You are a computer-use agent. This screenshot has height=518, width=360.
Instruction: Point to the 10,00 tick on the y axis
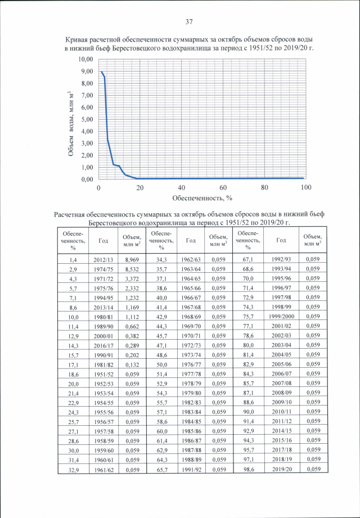[85, 59]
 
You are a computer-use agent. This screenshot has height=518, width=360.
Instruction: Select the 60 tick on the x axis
[223, 187]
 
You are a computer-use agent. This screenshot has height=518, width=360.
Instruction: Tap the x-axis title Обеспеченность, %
[202, 198]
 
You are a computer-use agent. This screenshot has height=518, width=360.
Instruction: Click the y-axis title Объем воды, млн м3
[71, 119]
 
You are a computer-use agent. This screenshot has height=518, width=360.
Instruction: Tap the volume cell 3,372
[132, 278]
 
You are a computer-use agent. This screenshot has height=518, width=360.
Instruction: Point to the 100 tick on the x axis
[305, 187]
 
